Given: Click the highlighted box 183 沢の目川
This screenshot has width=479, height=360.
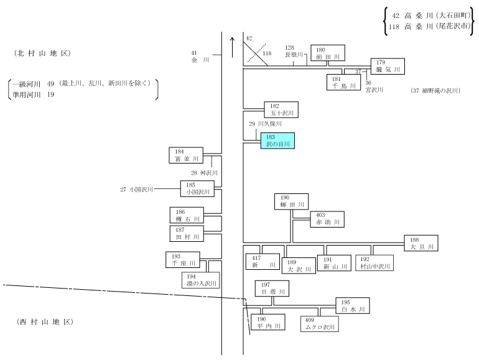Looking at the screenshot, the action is click(x=277, y=141).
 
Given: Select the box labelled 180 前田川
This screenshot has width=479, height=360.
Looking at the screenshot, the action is click(x=328, y=53).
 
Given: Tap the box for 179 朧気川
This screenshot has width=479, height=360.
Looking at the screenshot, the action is click(x=388, y=67).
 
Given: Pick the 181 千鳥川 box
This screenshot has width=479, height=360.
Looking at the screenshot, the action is click(x=343, y=83).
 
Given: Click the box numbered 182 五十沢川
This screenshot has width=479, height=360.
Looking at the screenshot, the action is click(x=281, y=109).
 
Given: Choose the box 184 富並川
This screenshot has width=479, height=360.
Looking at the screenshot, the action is click(x=186, y=155).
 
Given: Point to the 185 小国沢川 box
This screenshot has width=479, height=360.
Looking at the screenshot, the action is click(x=197, y=188).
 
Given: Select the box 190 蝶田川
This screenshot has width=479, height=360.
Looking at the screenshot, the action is click(x=291, y=201).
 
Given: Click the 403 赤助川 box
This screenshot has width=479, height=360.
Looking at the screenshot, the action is click(x=327, y=219).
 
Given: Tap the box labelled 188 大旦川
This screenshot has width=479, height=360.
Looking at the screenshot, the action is click(x=421, y=243).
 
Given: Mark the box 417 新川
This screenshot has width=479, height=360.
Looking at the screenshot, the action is click(x=263, y=262).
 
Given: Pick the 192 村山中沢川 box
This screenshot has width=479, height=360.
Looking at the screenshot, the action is click(x=374, y=263).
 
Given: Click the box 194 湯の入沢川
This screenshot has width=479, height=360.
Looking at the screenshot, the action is click(x=201, y=280).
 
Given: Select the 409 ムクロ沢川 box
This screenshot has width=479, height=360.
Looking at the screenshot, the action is click(x=320, y=324).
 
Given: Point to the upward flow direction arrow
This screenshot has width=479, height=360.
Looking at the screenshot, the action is click(x=233, y=47).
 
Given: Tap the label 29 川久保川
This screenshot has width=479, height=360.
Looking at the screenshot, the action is click(x=265, y=124).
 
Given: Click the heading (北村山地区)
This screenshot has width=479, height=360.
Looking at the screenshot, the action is click(x=42, y=53).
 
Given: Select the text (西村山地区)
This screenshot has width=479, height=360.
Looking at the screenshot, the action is click(x=45, y=322).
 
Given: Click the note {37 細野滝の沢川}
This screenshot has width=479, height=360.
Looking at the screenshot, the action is click(x=435, y=90).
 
